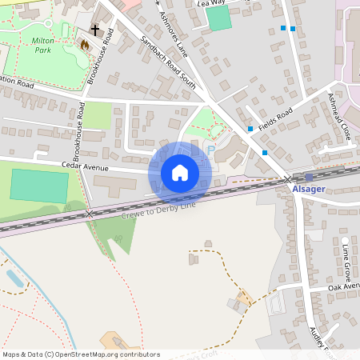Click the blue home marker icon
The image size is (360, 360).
click(180, 173)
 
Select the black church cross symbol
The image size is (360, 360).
click(95, 30)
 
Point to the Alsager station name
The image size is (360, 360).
click(309, 190)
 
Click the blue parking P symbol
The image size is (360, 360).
click(211, 149)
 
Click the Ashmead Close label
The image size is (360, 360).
click(339, 116)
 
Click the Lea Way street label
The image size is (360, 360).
click(211, 3)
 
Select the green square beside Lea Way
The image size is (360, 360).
click(219, 19)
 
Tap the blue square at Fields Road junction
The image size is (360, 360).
click(250, 128)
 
